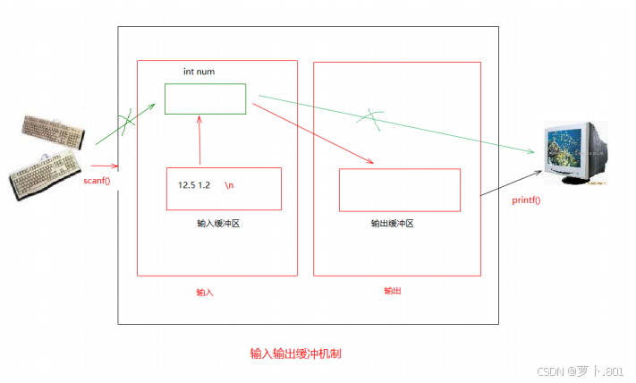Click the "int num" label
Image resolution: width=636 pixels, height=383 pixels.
199,72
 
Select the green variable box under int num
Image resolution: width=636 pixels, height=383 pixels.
205,99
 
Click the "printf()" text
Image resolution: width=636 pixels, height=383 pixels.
526,200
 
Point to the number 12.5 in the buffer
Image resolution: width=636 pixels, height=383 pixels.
186,185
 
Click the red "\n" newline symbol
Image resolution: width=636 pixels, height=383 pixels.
230,185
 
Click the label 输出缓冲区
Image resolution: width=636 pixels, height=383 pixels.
392,224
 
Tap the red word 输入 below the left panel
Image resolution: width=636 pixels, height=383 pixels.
206,293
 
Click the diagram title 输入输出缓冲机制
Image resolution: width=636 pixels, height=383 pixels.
295,353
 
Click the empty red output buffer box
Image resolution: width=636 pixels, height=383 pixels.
399,189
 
